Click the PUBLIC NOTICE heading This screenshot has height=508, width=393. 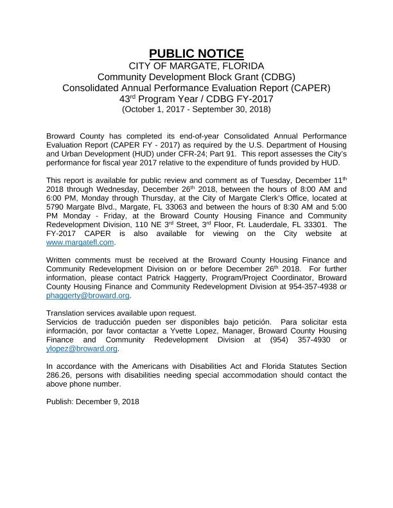pyautogui.click(x=197, y=53)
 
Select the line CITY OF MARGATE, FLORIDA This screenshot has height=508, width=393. pyautogui.click(x=197, y=66)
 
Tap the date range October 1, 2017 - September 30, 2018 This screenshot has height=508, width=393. pyautogui.click(x=197, y=109)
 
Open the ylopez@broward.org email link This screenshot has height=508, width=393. pyautogui.click(x=82, y=348)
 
